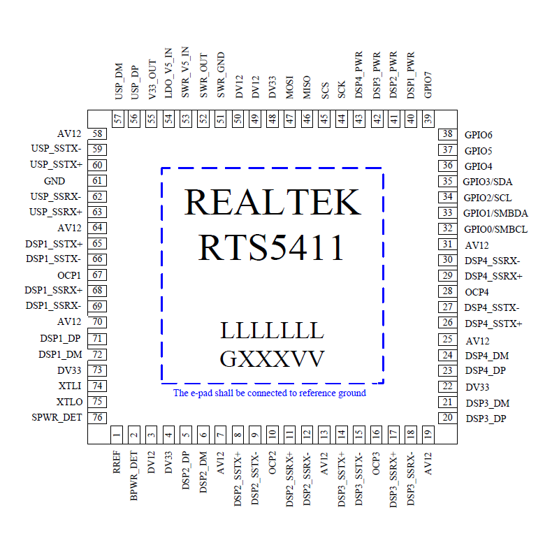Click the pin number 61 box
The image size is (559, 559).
98,180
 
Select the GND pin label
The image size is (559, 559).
55,180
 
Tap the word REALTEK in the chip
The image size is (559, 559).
273,203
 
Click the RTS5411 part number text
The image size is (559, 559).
273,247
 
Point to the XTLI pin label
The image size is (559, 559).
70,386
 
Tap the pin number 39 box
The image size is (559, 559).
428,118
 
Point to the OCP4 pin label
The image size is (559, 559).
477,291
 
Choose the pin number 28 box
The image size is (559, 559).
447,291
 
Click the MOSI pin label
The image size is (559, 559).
290,88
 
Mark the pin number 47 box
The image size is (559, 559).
290,118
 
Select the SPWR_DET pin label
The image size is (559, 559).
57,417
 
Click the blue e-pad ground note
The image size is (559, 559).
270,393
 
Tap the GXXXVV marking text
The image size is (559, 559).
273,359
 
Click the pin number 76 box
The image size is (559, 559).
98,417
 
